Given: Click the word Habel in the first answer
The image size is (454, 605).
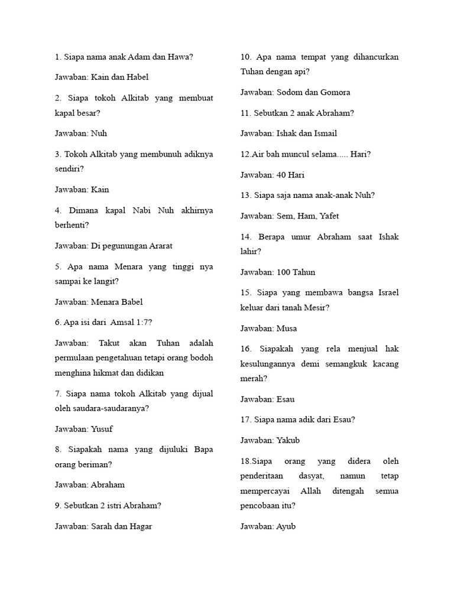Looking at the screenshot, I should (x=137, y=77).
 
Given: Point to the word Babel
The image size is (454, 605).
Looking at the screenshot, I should (x=132, y=302).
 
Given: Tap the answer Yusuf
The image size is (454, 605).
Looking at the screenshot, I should (x=102, y=429).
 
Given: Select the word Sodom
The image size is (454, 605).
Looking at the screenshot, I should (x=290, y=92).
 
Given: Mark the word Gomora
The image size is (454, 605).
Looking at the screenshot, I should (x=335, y=92).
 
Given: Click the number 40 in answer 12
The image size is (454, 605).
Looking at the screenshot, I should (x=281, y=175).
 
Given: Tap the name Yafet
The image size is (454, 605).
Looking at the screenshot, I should (x=329, y=216).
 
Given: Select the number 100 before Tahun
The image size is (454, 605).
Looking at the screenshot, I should (x=284, y=272).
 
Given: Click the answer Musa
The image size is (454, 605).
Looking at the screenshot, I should (x=287, y=328).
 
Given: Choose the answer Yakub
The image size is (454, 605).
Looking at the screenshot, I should (x=288, y=441).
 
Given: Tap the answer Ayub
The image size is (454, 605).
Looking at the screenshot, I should (x=286, y=526).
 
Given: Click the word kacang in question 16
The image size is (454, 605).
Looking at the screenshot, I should (x=385, y=364).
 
